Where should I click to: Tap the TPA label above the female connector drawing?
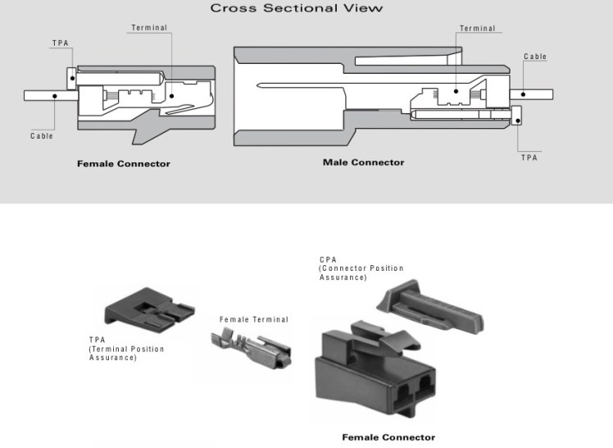pyautogui.click(x=60, y=43)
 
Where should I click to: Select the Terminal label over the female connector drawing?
pyautogui.click(x=149, y=28)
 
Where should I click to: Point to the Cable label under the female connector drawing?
pyautogui.click(x=42, y=136)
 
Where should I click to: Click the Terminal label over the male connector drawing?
pyautogui.click(x=477, y=29)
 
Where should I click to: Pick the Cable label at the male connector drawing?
pyautogui.click(x=535, y=57)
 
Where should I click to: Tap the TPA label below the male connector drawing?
pyautogui.click(x=529, y=157)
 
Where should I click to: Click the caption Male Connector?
pyautogui.click(x=363, y=162)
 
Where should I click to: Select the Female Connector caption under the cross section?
pyautogui.click(x=124, y=163)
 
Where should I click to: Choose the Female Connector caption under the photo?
pyautogui.click(x=388, y=437)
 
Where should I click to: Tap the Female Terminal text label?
pyautogui.click(x=254, y=319)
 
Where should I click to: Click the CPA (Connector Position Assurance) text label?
pyautogui.click(x=351, y=269)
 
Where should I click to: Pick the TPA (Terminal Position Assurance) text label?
pyautogui.click(x=126, y=349)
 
